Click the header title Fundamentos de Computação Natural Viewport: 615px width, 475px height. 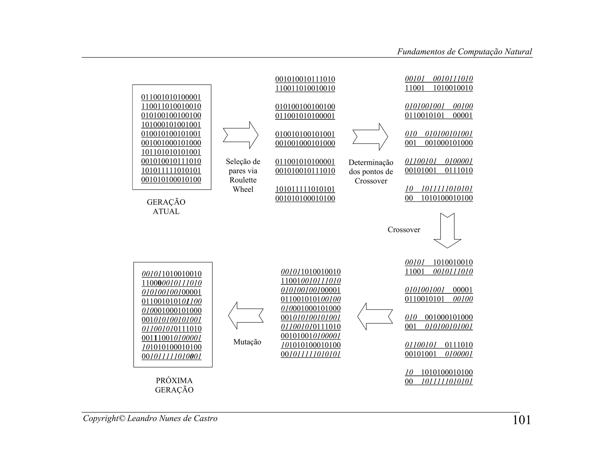(x=464, y=52)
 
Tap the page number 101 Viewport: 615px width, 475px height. (x=522, y=420)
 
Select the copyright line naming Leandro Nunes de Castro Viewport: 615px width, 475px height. (x=150, y=418)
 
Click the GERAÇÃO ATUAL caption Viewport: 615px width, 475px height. (x=166, y=207)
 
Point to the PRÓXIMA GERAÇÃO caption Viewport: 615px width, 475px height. (x=174, y=385)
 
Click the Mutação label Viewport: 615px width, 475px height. (x=247, y=342)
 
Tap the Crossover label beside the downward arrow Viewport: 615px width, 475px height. (x=404, y=230)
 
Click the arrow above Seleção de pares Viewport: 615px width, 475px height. (x=241, y=135)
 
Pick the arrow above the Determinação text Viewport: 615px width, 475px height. (x=370, y=137)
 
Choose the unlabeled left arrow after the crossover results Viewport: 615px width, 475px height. (x=375, y=316)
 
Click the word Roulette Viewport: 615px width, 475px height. (x=243, y=180)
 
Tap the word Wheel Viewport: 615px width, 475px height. (x=243, y=189)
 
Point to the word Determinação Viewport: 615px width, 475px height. (x=371, y=162)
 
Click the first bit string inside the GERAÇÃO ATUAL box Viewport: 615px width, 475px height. (x=171, y=97)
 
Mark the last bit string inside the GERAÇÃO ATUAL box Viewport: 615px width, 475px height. (x=171, y=180)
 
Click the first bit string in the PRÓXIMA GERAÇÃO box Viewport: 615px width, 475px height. (x=172, y=274)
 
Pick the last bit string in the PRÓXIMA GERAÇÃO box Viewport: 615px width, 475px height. (x=172, y=356)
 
